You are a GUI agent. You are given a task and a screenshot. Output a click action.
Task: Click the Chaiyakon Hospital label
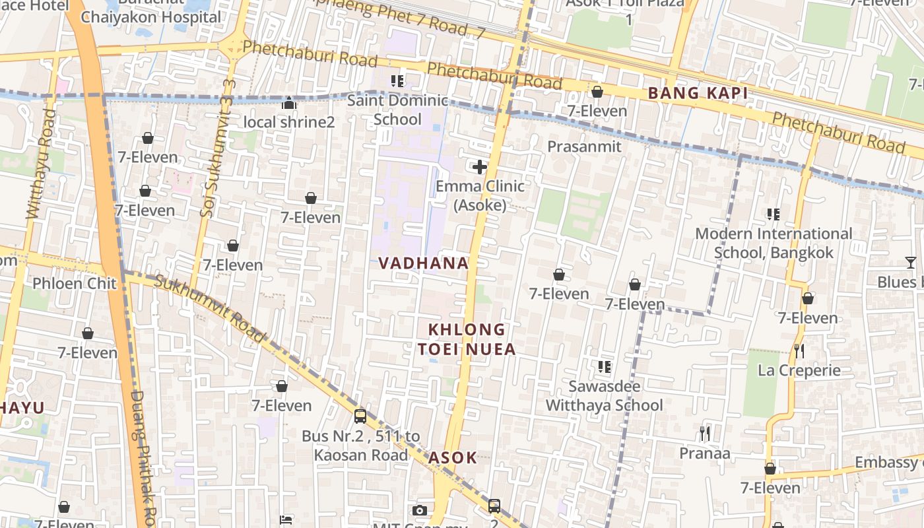(x=150, y=17)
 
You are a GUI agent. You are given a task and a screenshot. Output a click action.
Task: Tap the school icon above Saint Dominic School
(x=397, y=81)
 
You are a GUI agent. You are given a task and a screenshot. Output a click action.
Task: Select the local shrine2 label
(x=289, y=122)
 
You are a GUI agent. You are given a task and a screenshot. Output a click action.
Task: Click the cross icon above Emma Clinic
(x=480, y=167)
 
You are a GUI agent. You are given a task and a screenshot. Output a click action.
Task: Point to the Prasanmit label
(x=584, y=147)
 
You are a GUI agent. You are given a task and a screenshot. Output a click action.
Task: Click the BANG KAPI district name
(x=698, y=94)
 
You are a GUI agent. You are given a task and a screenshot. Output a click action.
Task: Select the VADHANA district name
(x=423, y=263)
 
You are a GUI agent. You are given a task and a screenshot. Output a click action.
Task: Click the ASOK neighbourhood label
(x=452, y=457)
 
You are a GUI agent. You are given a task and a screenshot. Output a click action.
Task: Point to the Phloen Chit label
(x=75, y=284)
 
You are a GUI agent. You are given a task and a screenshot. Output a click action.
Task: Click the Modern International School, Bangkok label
(x=774, y=243)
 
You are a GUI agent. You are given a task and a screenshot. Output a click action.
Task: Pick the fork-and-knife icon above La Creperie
(x=799, y=350)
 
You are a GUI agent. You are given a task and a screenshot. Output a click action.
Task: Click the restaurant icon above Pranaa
(x=705, y=434)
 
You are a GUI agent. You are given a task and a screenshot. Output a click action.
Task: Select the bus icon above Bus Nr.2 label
(x=360, y=416)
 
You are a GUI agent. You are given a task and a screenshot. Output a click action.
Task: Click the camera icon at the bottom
(x=419, y=510)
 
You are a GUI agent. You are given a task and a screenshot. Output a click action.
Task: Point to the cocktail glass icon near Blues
(x=910, y=263)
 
